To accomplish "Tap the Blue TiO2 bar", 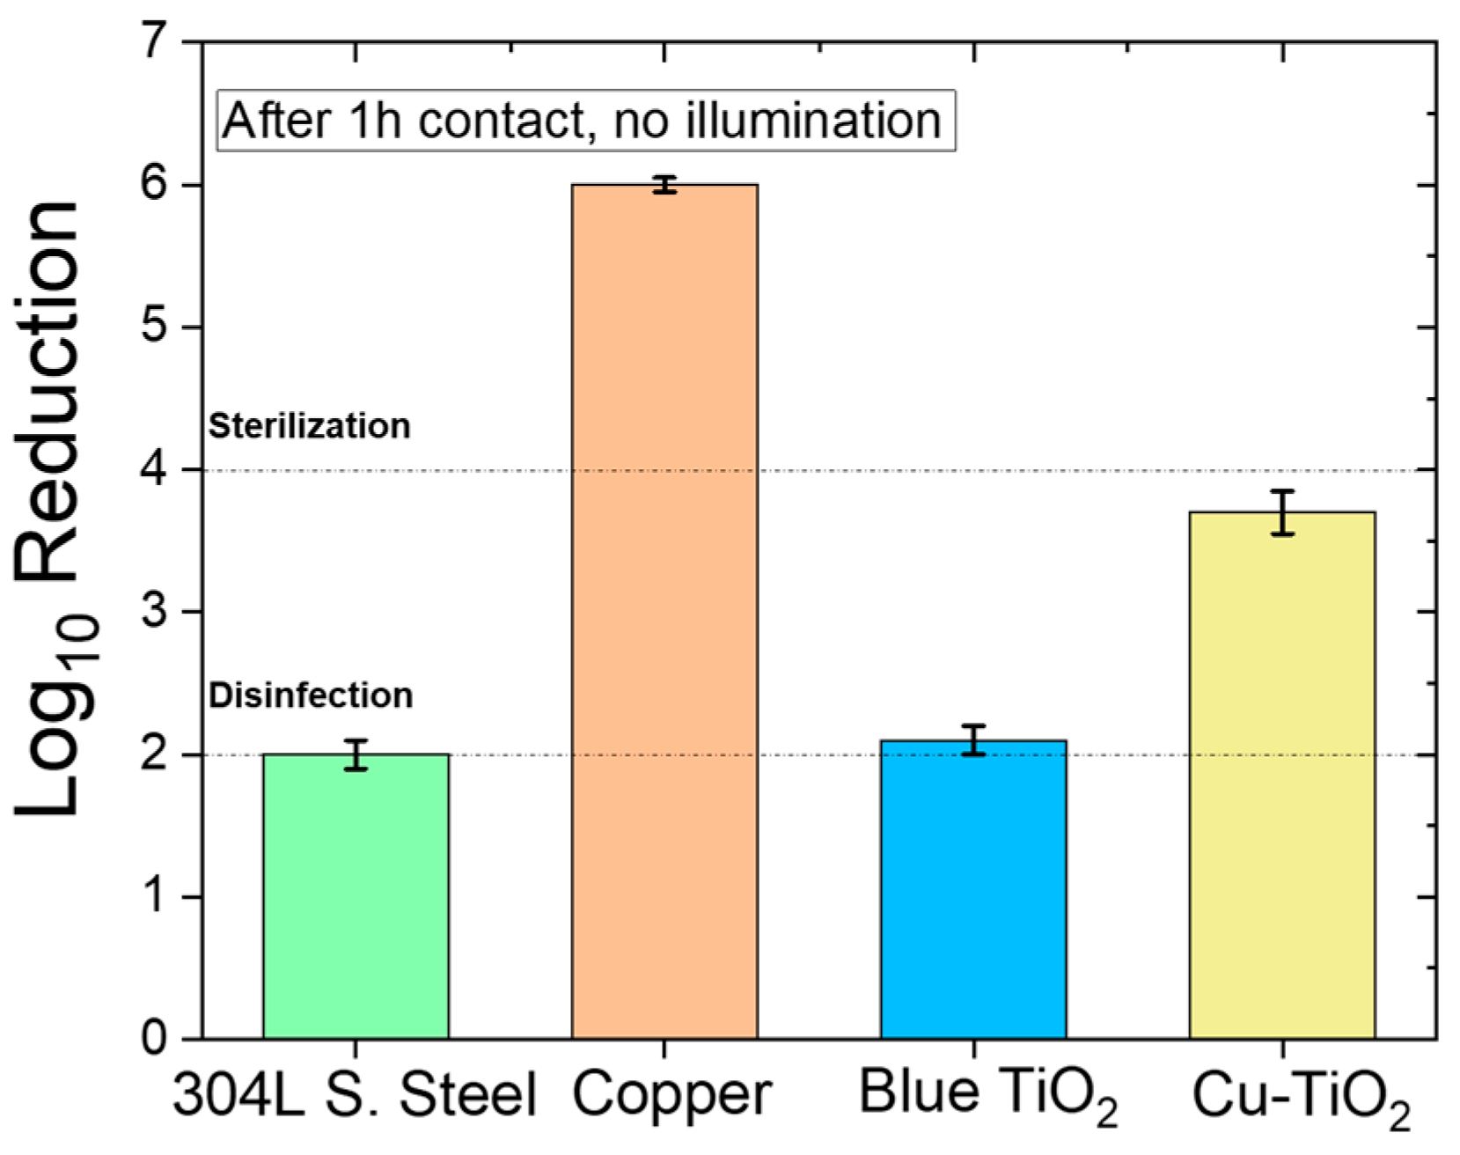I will [x=973, y=889].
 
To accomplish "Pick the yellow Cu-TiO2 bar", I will [x=1282, y=775].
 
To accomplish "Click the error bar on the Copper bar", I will [x=664, y=185].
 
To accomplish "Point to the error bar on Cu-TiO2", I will [x=1282, y=512].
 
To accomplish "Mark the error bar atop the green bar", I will [x=356, y=755].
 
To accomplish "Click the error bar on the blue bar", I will [x=973, y=740].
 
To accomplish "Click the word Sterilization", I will [x=309, y=426].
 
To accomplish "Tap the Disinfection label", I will [x=311, y=695].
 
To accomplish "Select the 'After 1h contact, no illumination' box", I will [x=585, y=121].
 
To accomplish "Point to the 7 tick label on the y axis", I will [x=155, y=41].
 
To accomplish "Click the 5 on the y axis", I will [x=155, y=327].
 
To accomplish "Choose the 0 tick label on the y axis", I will [x=155, y=1039].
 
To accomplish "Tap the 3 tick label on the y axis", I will [x=155, y=612].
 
